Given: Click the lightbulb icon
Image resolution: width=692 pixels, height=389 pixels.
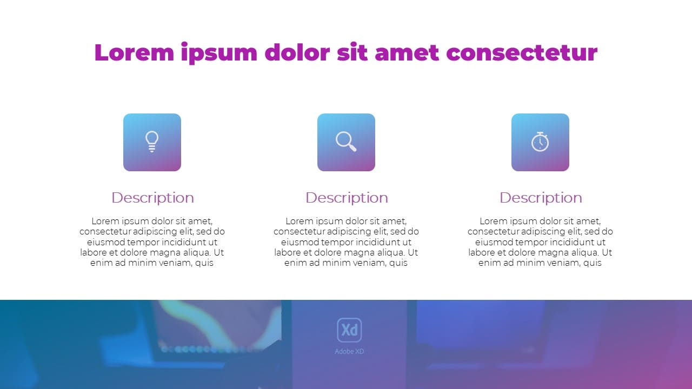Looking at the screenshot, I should coord(152,142).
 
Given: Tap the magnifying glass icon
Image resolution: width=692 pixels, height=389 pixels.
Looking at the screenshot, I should coord(345,141).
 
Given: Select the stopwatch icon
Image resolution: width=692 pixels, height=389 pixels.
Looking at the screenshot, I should coord(540,142).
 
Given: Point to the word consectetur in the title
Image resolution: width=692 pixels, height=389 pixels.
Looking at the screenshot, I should coord(522,53).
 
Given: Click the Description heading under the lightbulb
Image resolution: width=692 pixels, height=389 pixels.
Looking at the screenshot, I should coord(152,198).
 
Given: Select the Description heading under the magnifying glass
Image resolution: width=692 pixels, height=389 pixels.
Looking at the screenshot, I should coord(347,198).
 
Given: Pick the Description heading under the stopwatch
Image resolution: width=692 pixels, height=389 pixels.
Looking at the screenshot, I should coord(541,198).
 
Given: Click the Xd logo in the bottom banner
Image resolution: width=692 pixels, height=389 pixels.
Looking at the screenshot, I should coord(349,330).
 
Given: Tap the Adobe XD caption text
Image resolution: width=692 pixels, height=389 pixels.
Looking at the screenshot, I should coord(349,352).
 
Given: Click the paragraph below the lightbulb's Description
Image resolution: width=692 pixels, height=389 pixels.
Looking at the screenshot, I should coord(152,242).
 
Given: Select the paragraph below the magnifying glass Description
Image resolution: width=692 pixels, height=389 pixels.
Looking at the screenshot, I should coord(346,242).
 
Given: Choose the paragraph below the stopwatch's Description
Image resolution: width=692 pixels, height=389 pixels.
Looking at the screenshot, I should coord(540,242).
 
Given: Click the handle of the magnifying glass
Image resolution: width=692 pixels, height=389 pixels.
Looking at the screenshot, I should coord(352,147).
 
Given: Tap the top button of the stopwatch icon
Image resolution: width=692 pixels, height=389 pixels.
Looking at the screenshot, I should coord(540,133).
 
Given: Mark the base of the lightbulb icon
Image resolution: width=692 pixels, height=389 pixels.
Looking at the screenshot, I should coord(152,150).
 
